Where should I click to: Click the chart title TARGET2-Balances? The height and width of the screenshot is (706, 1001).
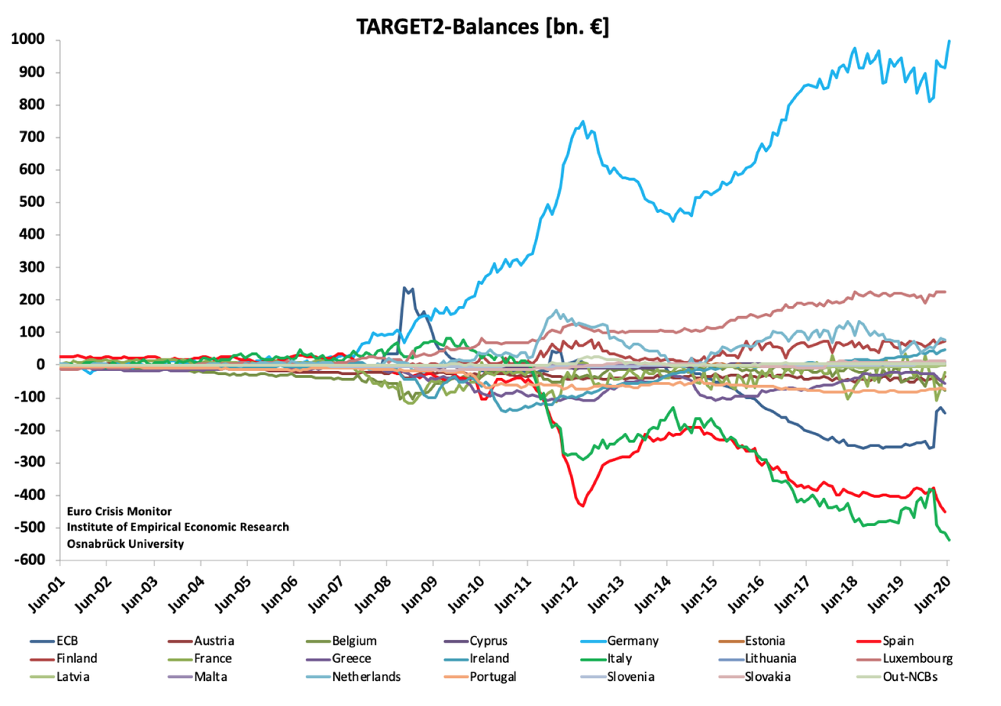483,26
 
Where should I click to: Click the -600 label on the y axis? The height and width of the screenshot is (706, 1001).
30,560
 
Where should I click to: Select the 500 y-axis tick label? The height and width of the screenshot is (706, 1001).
33,203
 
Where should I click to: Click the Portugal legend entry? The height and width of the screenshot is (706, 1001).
492,676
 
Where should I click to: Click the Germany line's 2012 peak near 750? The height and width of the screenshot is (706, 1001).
583,121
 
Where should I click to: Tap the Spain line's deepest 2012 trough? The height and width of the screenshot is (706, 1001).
583,506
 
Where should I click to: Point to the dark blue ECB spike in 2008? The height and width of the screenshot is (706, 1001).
404,288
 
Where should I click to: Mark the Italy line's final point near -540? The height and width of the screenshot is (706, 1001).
949,540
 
